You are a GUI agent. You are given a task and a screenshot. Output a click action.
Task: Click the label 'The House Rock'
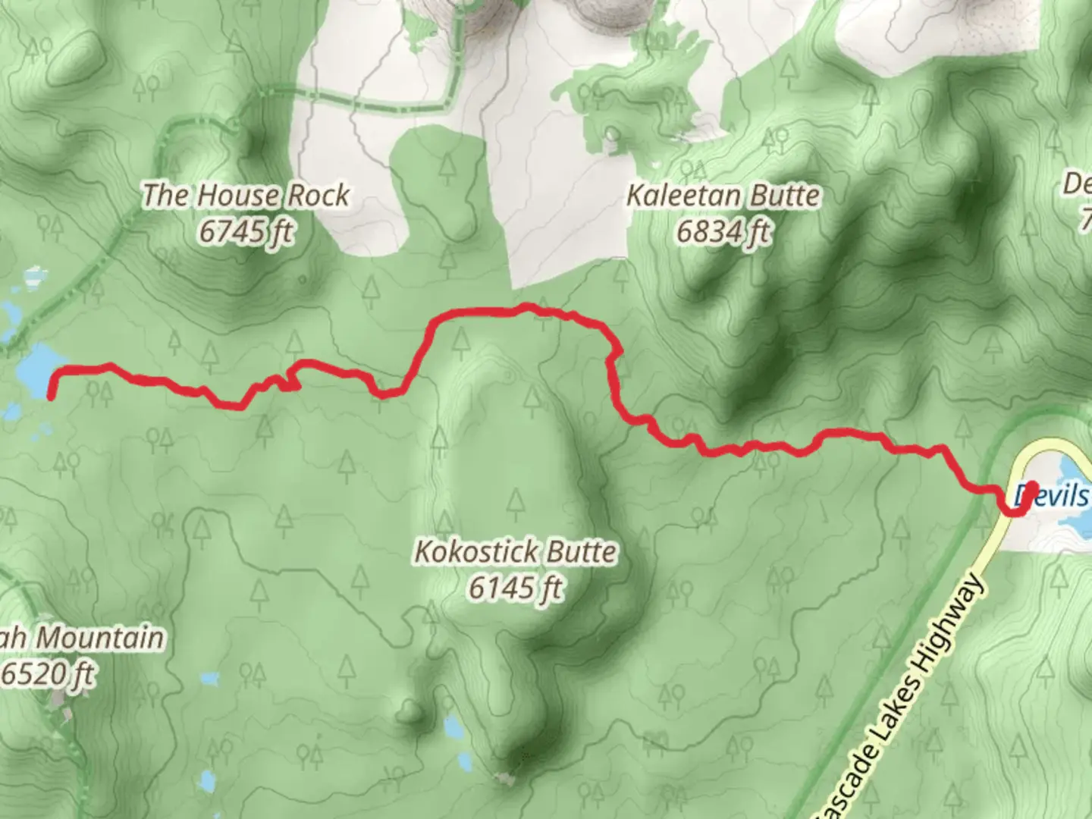246,196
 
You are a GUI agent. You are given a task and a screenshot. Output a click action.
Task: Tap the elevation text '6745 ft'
246,231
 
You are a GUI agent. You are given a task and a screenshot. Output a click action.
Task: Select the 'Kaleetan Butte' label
723,196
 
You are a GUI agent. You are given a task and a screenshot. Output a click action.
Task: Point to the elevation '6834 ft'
723,231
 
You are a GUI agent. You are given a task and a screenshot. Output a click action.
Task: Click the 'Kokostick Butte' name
515,551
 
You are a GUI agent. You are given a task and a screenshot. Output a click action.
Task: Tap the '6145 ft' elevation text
515,588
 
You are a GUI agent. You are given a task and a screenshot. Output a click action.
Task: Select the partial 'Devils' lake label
1054,496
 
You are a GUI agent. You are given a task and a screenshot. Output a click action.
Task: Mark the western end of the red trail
51,395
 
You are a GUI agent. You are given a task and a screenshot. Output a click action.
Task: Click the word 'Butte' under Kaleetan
786,196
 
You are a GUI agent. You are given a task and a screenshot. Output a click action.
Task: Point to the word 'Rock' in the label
318,196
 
